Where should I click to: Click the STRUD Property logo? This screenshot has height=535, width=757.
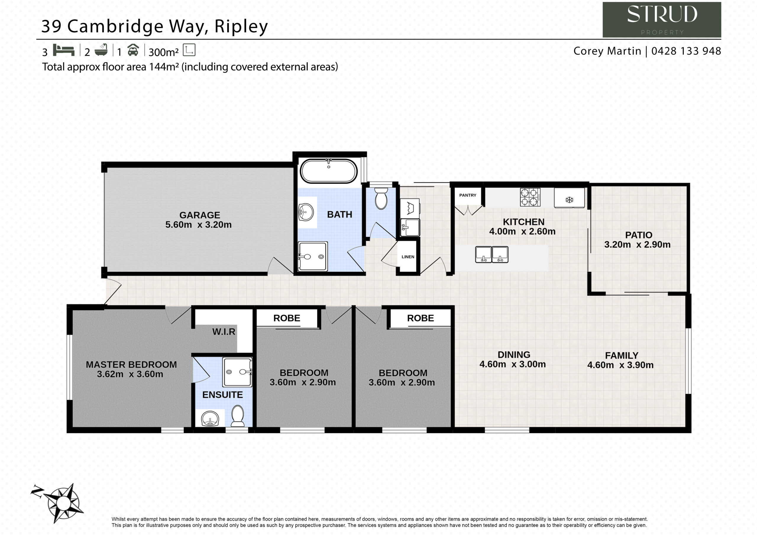pos(662,20)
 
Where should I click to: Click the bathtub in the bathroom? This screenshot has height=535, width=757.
pos(329,171)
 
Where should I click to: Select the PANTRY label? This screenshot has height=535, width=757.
pos(468,195)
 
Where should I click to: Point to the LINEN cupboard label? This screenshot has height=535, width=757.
pos(408,257)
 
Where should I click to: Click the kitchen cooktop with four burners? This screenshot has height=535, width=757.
pos(530,197)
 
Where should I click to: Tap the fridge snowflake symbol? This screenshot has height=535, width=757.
pos(570,200)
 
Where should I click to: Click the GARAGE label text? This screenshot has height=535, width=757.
pos(200,215)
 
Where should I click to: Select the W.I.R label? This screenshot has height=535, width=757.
pos(224,332)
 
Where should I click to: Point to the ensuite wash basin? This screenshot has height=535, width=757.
pos(210,419)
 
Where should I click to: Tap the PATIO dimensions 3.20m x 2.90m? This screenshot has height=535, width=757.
pos(637,244)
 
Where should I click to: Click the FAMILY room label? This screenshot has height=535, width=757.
pos(622,355)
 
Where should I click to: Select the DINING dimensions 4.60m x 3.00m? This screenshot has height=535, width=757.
pos(513,364)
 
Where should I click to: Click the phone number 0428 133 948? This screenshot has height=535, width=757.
pos(686,51)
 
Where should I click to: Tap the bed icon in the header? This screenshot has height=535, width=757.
pos(64,50)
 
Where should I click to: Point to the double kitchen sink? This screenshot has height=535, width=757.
pos(491,254)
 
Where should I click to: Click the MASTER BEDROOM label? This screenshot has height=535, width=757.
pos(131,364)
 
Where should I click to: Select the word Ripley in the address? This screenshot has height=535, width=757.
pos(241,26)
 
